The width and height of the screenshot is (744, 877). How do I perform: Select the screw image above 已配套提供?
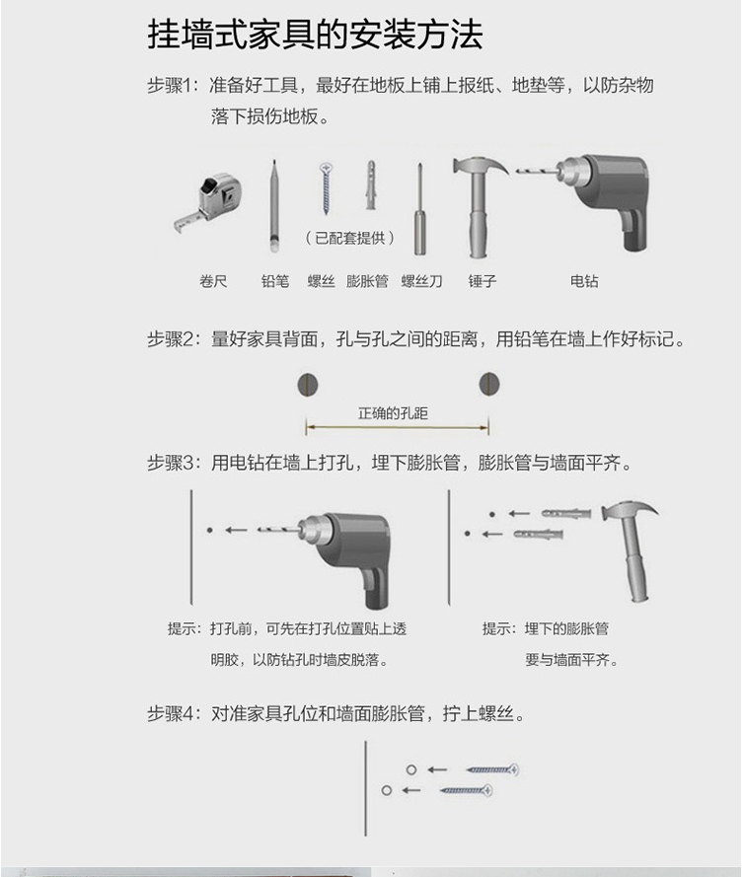point(324,186)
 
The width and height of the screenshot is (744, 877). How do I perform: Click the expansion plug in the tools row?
point(371,184)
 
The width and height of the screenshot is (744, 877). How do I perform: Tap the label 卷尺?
point(213,281)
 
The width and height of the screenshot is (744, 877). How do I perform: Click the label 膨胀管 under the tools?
point(367,281)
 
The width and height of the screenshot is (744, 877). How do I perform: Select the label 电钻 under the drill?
point(584,281)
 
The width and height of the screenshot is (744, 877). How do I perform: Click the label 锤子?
point(483,281)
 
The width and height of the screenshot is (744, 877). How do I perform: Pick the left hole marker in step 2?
point(306,383)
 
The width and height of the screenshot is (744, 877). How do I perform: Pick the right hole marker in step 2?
point(488,383)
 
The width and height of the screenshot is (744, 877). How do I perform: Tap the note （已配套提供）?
point(348,238)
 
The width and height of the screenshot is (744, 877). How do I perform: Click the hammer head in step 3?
point(628,514)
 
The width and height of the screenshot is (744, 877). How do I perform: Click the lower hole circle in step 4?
point(387,790)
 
